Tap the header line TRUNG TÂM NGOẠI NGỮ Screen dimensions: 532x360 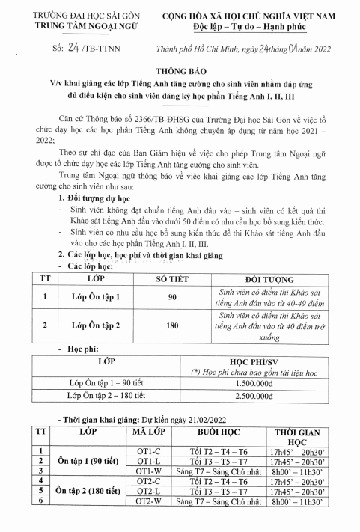(66, 24)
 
